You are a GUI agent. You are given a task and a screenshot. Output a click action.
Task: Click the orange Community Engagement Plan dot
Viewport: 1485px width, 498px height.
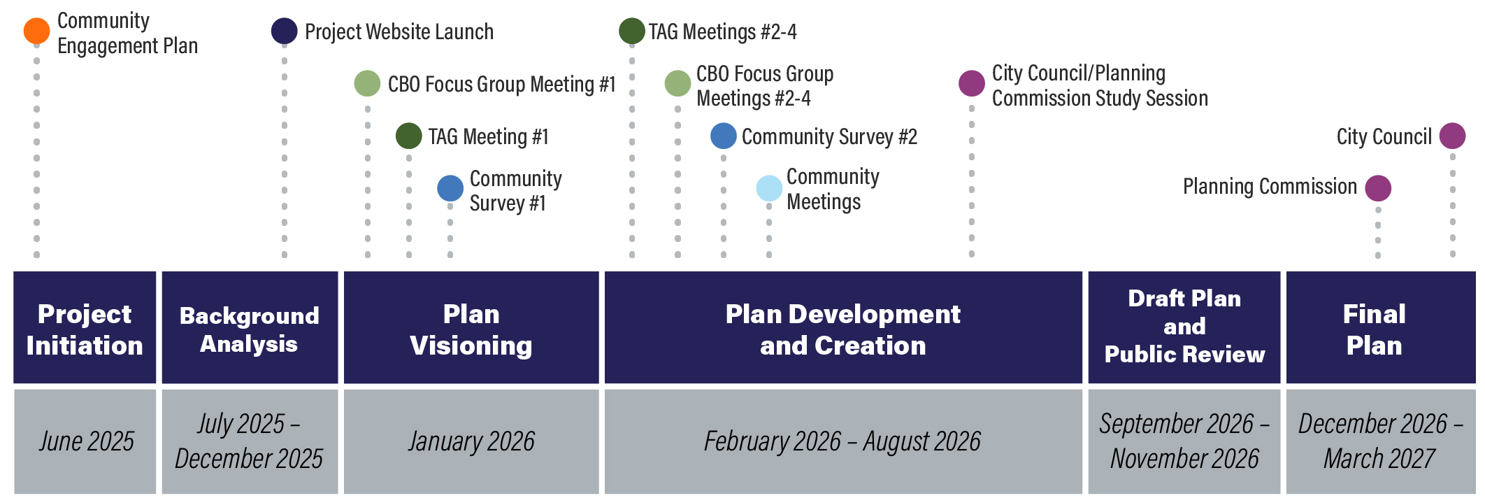[x=36, y=31]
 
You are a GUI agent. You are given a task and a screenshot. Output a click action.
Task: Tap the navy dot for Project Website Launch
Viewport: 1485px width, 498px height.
[x=285, y=31]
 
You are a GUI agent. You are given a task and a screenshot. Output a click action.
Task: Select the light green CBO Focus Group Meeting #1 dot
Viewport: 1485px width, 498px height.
[x=368, y=83]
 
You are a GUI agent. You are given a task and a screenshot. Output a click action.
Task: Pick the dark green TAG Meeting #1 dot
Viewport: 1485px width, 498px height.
[x=409, y=136]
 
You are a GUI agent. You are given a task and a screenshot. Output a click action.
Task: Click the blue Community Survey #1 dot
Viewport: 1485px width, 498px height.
[x=450, y=188]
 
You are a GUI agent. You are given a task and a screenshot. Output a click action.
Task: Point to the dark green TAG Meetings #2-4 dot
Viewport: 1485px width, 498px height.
[x=632, y=31]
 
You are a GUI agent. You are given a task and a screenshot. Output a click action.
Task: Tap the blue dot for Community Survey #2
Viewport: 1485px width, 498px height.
[x=724, y=136]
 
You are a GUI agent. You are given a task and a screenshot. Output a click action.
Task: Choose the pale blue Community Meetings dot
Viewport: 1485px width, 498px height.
[x=769, y=188]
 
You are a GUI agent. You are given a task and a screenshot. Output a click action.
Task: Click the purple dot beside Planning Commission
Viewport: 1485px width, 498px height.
[x=1378, y=188]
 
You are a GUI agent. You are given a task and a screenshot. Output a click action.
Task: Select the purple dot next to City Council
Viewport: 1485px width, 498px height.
[x=1453, y=136]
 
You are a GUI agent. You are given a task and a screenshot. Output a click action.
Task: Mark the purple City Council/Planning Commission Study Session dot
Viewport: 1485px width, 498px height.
[x=972, y=83]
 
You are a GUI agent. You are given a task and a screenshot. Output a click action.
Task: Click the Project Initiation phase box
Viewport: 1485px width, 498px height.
[x=85, y=327]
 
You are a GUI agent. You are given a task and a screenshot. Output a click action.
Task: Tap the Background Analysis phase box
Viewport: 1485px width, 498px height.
[x=250, y=327]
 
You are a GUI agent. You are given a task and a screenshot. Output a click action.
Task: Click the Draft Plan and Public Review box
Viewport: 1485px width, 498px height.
[x=1184, y=327]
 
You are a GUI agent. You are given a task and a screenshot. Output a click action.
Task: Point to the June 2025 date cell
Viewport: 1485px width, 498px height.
[x=85, y=441]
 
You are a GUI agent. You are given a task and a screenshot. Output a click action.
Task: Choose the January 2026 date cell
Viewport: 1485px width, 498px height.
[x=471, y=441]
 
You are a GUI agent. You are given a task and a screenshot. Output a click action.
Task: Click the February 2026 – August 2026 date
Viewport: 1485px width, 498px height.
[x=843, y=441]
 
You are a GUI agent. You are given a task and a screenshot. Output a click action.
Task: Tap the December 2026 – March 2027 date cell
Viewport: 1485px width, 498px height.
[x=1381, y=441]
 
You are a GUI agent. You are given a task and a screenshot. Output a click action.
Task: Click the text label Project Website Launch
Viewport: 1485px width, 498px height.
[x=399, y=31]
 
